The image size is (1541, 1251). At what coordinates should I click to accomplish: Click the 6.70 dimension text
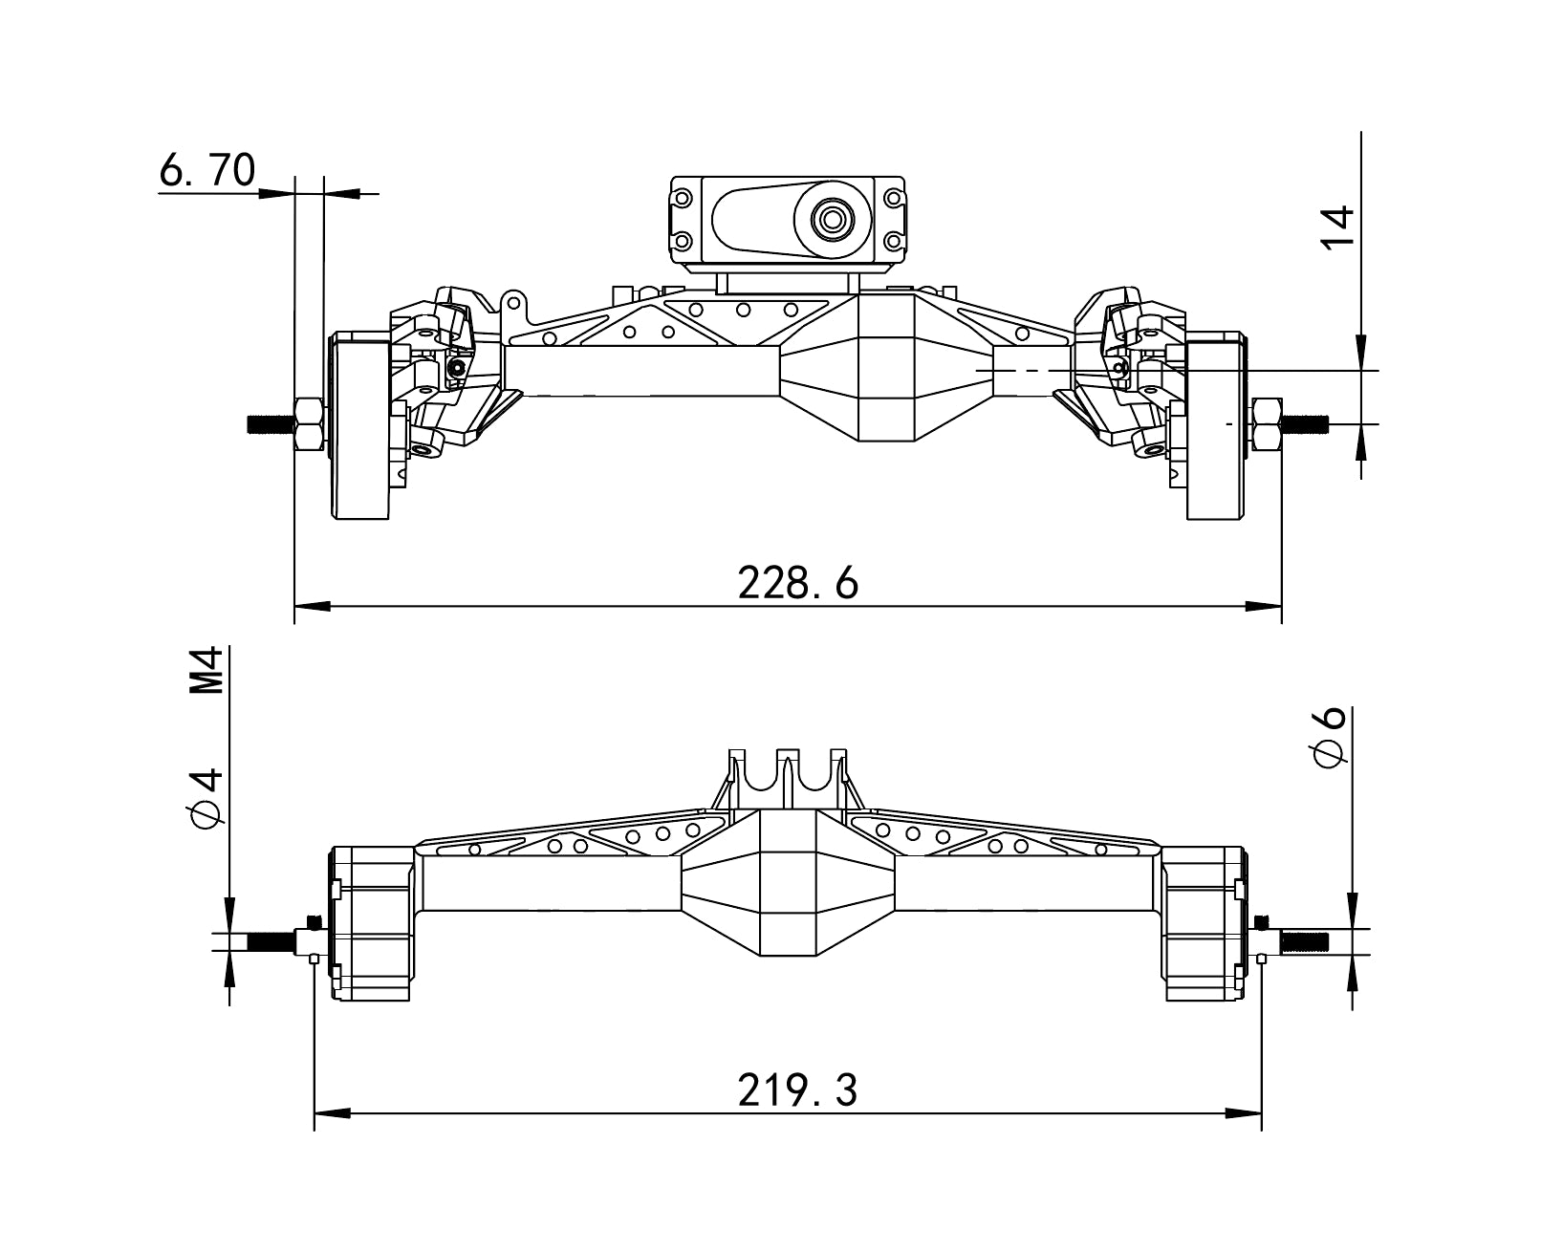pos(207,171)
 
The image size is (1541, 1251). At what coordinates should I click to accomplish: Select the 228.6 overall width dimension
pos(797,583)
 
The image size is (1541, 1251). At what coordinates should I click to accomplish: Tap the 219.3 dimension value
pos(797,1090)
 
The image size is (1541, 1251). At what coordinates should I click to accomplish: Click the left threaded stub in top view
pos(271,423)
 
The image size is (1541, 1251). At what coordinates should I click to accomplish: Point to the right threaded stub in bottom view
pos(1304,941)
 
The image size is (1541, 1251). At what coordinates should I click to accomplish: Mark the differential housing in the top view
pos(887,368)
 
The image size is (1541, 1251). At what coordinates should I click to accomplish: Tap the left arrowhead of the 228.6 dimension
pos(311,606)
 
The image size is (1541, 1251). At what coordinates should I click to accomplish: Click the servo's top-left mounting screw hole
pos(682,199)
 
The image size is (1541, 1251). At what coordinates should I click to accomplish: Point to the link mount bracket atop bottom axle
pos(787,776)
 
